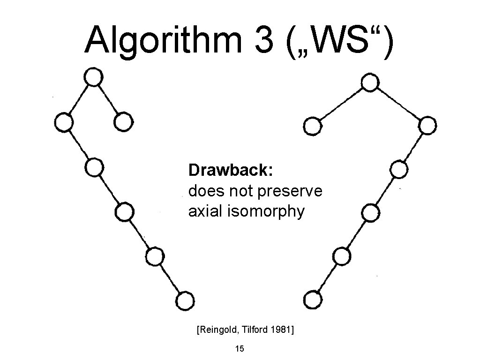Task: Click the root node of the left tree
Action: point(93,77)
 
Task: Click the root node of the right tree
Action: point(370,83)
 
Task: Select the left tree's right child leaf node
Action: point(123,122)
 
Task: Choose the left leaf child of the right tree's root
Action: point(312,127)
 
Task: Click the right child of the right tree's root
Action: point(427,126)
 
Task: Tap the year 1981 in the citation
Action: point(281,330)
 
